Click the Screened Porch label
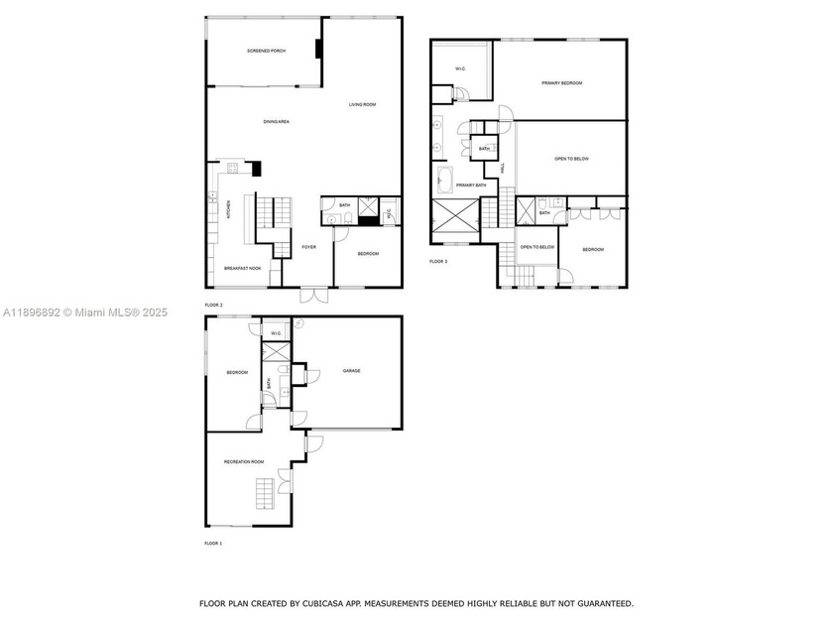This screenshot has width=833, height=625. coord(266,51)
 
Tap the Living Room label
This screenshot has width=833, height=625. coord(362,104)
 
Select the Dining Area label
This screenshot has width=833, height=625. coord(276,122)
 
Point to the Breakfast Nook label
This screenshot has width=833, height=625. coord(242,268)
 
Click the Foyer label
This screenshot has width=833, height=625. coord(309,247)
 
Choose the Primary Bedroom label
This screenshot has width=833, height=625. coord(561,83)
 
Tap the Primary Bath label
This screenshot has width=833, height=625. coord(471,186)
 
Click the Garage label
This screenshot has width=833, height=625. coord(352,371)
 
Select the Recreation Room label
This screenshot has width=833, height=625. coord(244,462)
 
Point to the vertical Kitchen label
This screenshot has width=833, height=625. coord(229,209)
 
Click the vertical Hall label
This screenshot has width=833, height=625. coord(503,170)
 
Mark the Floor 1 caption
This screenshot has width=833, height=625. coord(213,544)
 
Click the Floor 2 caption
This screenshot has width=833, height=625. coord(213,305)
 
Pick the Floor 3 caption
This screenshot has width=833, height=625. coord(438,261)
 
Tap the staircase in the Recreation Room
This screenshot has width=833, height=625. coord(264,493)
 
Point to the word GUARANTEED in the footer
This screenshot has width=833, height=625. coord(599,603)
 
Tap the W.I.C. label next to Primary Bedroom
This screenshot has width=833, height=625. coord(461,68)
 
